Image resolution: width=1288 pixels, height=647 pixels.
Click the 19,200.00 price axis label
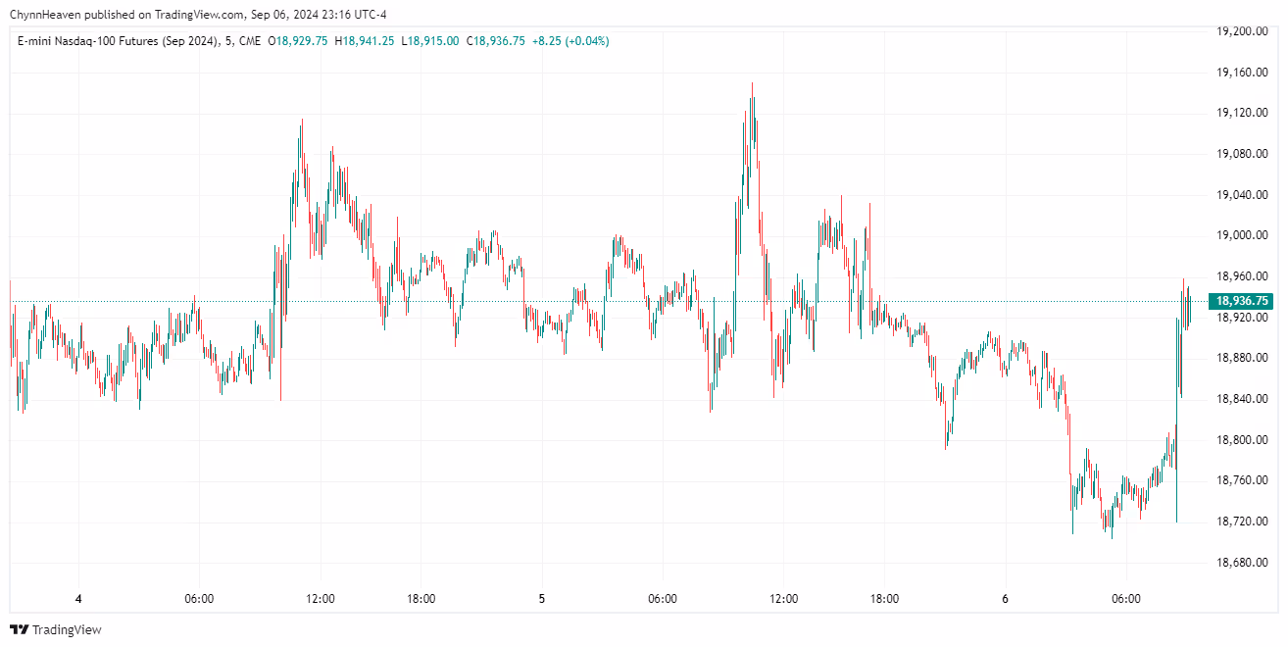(1242, 31)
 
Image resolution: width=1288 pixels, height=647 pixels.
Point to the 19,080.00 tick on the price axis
(1242, 154)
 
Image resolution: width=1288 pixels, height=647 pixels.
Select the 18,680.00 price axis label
(1242, 563)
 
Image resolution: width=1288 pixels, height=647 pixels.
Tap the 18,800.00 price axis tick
(1242, 440)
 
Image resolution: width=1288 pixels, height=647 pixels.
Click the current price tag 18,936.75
(1242, 301)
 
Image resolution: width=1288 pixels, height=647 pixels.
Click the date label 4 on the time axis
(78, 599)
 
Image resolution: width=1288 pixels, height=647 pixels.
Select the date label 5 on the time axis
(541, 599)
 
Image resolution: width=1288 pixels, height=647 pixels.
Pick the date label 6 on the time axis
(1005, 599)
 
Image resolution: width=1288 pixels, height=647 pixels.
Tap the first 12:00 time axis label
(321, 599)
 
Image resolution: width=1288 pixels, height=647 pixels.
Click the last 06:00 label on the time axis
(1125, 599)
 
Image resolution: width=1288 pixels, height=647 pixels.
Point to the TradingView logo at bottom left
(56, 629)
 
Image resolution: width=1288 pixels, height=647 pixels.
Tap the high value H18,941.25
(365, 41)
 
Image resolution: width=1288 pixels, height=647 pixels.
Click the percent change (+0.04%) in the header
(585, 41)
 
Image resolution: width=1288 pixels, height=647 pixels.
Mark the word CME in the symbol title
(249, 41)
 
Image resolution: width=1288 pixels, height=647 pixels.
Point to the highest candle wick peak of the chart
(752, 83)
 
